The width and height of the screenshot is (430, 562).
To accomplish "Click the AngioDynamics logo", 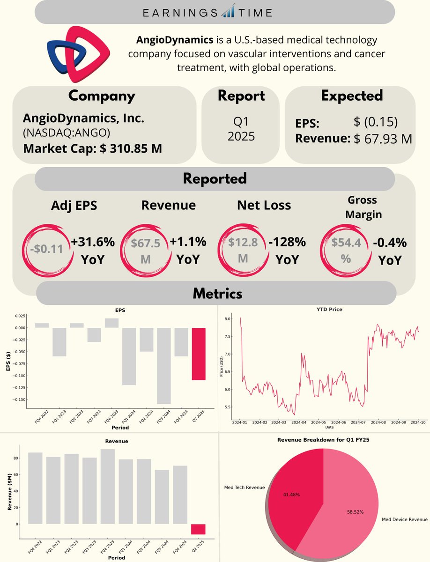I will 78,52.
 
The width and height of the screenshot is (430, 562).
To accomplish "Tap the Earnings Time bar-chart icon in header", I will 229,11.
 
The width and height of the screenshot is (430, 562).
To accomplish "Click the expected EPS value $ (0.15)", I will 376,122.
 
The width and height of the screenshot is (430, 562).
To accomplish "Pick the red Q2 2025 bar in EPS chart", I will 199,354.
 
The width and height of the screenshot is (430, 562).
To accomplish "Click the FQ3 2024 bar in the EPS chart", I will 163,365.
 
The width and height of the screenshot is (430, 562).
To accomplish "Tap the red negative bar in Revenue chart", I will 199,529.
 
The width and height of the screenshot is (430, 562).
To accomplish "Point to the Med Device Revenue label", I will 405,519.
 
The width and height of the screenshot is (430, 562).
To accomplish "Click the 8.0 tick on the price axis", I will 228,319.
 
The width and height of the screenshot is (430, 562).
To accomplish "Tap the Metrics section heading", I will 217,294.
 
